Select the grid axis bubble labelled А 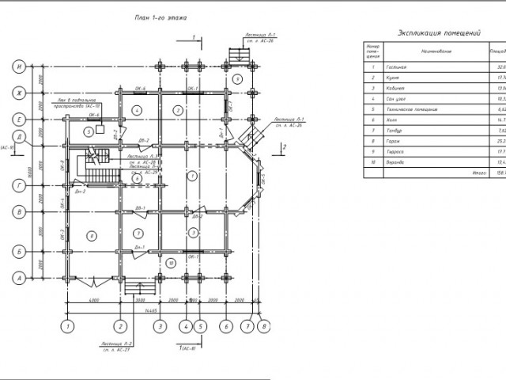point(17,278)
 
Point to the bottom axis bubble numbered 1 point(69,325)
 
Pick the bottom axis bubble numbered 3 point(160,325)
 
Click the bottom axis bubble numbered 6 point(226,325)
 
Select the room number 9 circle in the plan point(236,80)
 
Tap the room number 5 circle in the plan point(87,131)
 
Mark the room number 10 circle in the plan point(171,261)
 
